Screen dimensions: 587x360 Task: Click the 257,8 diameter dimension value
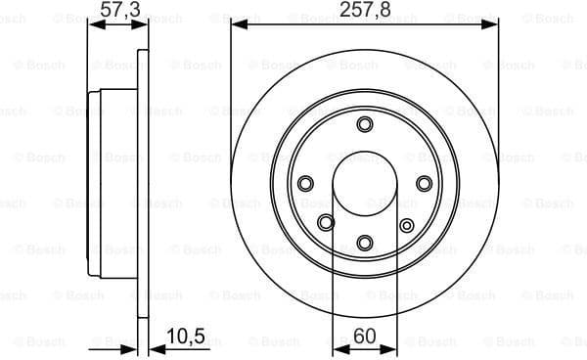[x=364, y=10]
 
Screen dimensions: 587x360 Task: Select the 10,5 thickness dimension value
[x=186, y=337]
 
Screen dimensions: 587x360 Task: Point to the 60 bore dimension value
[x=364, y=337]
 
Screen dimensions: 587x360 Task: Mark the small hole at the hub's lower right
[x=407, y=226]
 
